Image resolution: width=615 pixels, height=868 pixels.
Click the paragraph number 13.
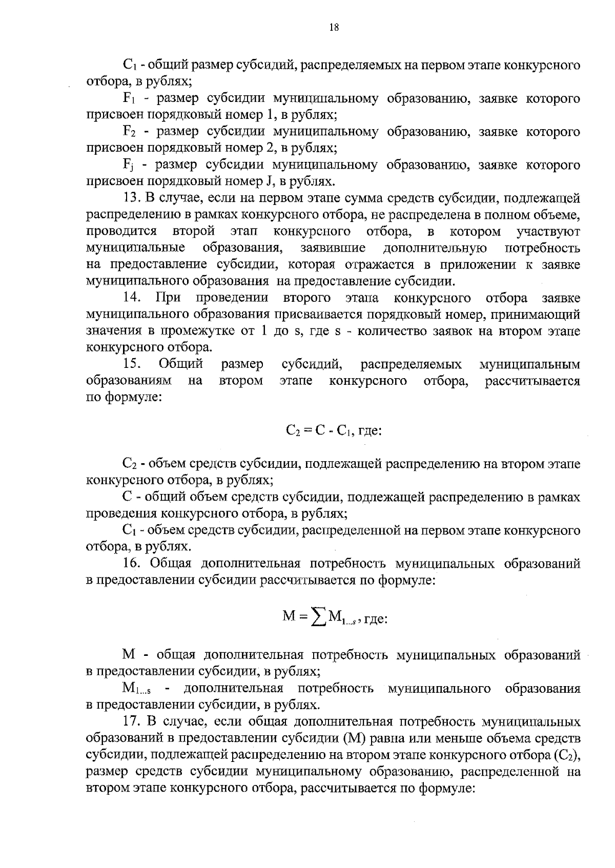coord(131,198)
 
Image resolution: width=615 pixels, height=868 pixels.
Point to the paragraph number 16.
coord(132,564)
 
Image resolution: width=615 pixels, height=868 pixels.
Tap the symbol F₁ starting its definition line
coord(129,99)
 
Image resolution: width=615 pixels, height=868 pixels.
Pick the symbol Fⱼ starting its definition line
coord(129,166)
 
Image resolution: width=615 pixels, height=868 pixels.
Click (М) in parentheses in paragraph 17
coord(341,739)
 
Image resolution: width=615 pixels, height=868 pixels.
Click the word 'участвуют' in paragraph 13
coord(548,232)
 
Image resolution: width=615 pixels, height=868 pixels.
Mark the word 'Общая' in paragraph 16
coord(171,564)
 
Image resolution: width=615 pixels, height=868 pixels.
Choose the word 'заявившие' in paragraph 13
coord(333,248)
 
